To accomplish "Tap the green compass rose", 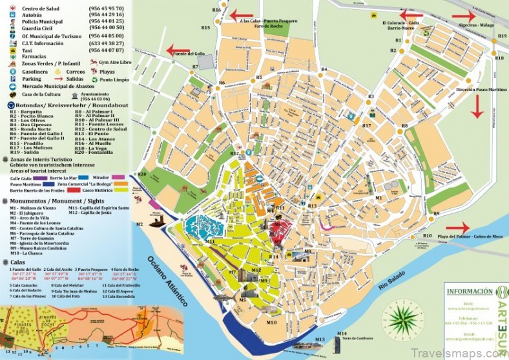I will [401, 319].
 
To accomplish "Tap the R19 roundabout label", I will [502, 37].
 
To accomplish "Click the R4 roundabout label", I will [324, 69].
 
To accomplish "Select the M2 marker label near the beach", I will [139, 224].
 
